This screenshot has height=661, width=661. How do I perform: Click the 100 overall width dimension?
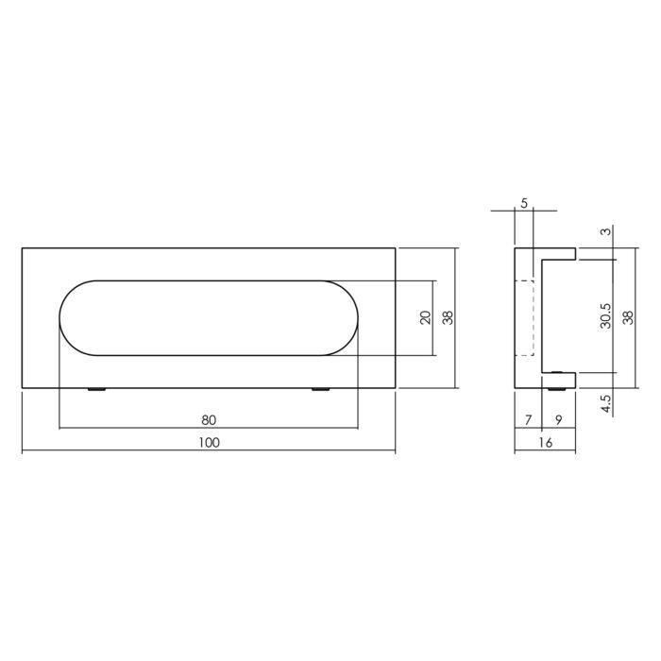209,443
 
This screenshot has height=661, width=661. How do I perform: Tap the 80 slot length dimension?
209,420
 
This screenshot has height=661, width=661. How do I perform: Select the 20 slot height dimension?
426,317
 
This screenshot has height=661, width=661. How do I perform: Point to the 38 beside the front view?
449,317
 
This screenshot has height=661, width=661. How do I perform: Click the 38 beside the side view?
628,317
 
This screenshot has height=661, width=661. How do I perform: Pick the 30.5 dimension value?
606,316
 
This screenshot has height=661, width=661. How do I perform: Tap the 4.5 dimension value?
606,403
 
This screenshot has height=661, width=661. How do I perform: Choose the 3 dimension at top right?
606,231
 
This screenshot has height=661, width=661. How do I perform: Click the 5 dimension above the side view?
524,204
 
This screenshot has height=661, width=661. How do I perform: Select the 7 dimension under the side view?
528,420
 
